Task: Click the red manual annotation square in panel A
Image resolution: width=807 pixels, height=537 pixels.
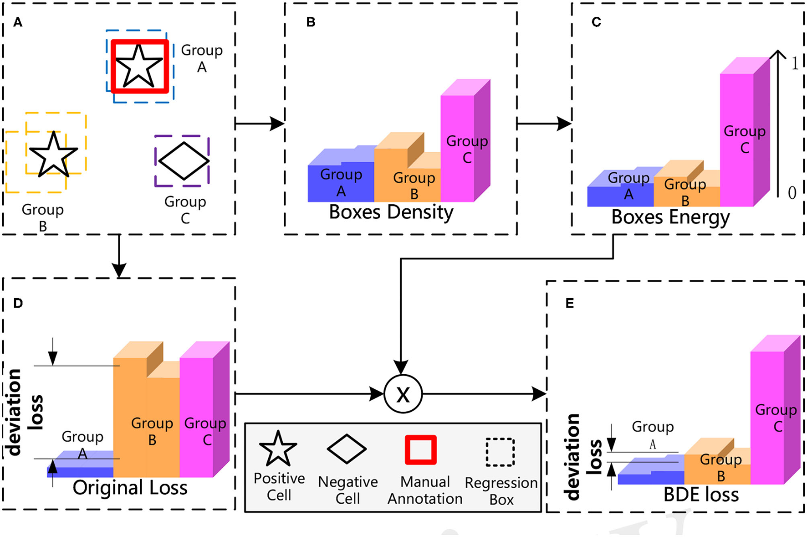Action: point(140,67)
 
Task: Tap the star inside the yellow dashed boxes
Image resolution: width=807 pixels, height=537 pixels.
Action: point(53,155)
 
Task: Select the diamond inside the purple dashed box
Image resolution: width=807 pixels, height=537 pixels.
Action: point(183,160)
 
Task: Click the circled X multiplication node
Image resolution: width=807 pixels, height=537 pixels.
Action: point(403,394)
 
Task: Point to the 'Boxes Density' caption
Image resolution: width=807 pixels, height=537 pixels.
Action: point(391,212)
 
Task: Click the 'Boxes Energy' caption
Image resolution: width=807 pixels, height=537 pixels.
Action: point(670,217)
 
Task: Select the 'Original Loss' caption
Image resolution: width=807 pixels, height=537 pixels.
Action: point(130,488)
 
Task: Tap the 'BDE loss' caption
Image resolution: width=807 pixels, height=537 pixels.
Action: point(701,495)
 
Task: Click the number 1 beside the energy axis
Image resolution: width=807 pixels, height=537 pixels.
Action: point(795,63)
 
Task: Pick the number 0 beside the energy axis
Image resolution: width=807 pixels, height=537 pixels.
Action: point(792,192)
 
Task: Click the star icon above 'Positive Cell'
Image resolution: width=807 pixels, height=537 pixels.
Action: point(278,449)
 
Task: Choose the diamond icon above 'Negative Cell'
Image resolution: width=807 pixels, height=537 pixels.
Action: point(347,449)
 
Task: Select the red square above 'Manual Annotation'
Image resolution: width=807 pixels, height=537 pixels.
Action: point(421,450)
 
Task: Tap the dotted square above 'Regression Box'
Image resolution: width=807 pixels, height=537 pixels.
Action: point(500,452)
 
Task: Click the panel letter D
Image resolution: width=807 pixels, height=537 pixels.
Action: point(18,303)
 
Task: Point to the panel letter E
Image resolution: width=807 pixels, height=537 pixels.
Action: point(569,304)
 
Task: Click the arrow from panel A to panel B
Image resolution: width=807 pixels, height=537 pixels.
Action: point(259,123)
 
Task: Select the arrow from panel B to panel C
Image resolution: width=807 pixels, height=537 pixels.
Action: point(544,123)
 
